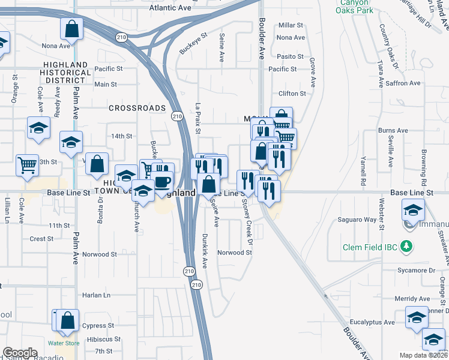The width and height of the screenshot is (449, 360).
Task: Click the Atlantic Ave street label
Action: [170, 8]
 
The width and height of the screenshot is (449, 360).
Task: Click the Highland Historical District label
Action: [67, 72]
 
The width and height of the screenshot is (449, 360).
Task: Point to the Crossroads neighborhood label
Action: [137, 108]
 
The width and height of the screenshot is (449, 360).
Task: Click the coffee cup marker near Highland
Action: [163, 181]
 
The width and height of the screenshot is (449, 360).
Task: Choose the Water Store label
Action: [64, 343]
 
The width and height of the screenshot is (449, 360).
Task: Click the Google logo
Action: [20, 353]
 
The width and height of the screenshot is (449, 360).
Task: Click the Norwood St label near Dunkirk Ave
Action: [235, 253]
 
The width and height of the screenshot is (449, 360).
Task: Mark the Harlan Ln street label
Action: [97, 295]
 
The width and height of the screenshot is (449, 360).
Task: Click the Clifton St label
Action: [292, 94]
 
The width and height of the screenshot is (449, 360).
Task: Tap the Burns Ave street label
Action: [393, 130]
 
